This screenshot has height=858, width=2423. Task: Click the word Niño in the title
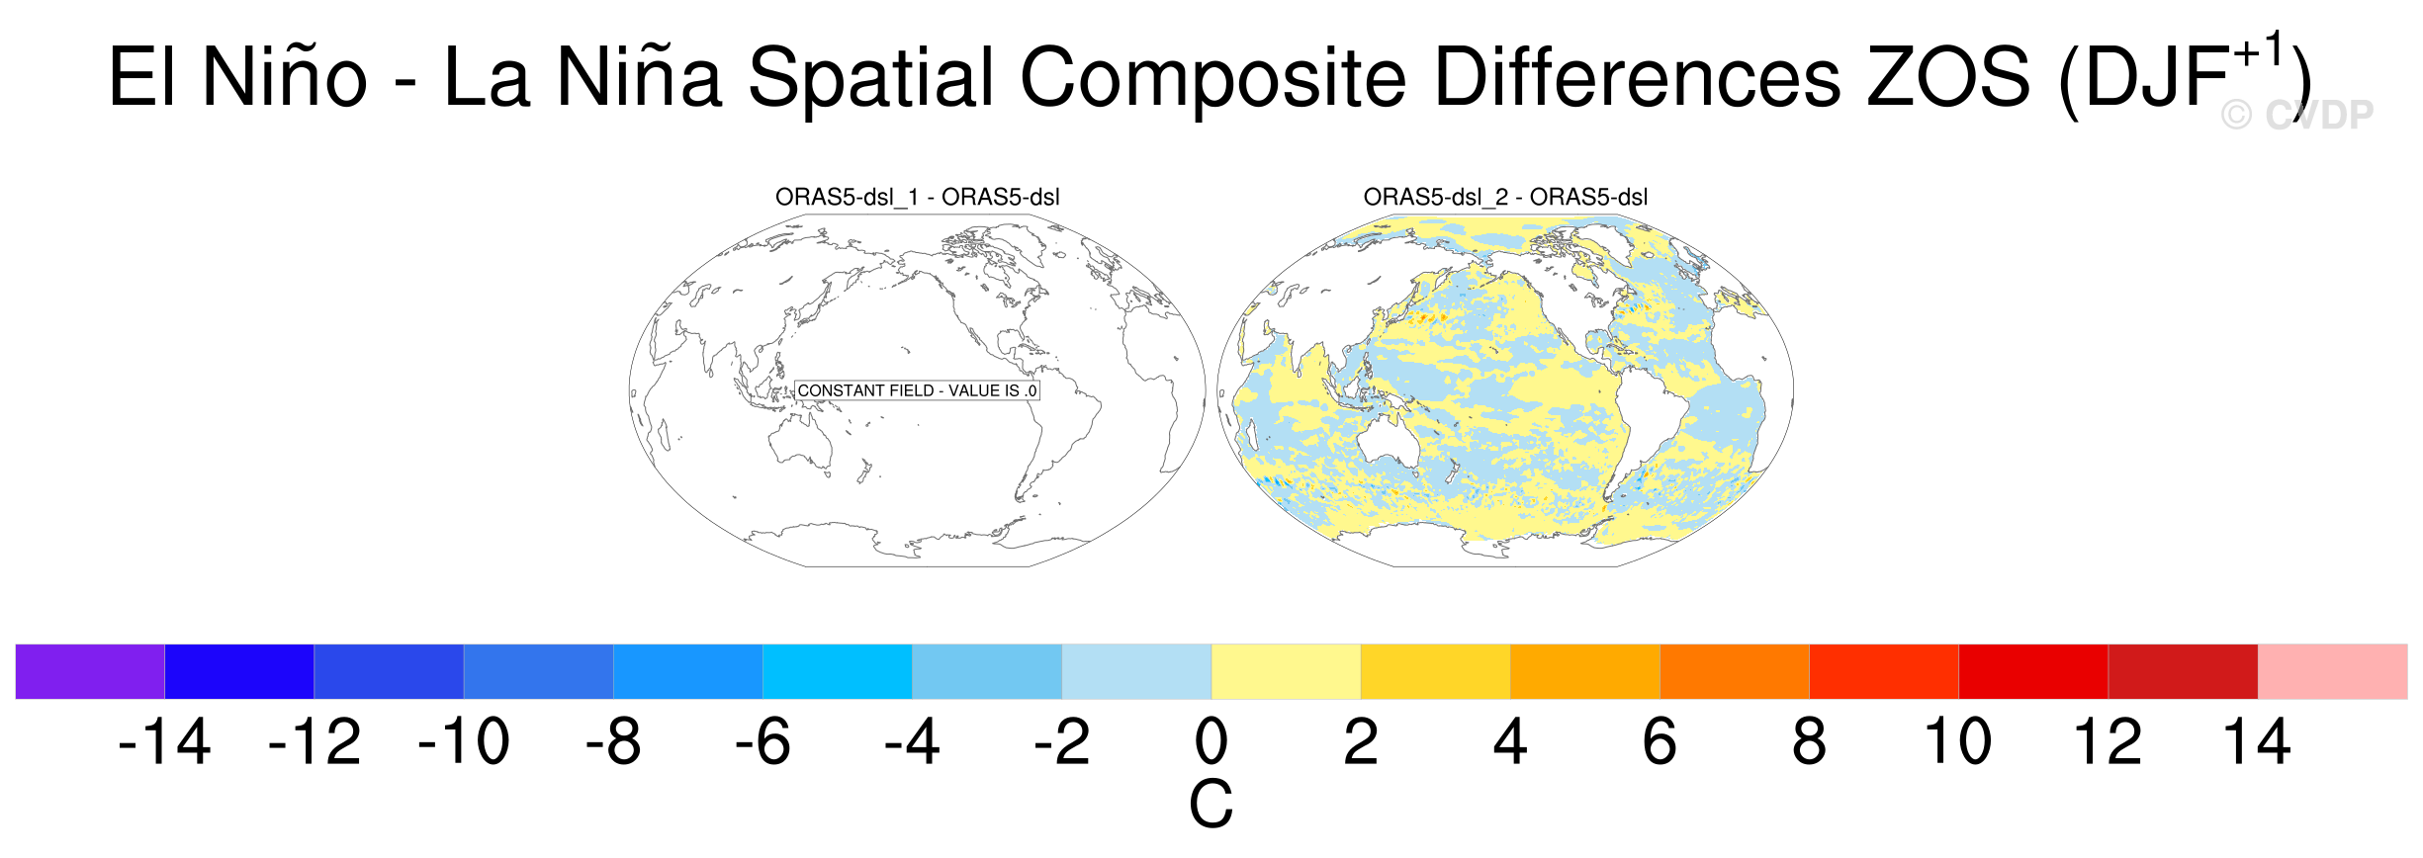click(x=285, y=76)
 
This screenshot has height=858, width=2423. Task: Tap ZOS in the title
click(x=1948, y=76)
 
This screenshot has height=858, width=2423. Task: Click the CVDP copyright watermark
click(x=2296, y=115)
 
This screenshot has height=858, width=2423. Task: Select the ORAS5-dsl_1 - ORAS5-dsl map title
click(x=917, y=197)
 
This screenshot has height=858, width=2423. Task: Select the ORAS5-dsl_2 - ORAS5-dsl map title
click(x=1505, y=197)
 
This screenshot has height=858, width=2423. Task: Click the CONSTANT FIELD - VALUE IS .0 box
click(x=917, y=390)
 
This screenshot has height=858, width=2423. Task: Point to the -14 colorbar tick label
click(x=164, y=741)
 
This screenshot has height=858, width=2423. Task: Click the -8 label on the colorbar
click(x=613, y=741)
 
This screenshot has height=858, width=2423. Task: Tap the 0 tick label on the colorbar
click(x=1211, y=741)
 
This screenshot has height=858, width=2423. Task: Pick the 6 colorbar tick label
click(x=1660, y=741)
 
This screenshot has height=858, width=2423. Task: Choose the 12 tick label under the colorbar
click(x=2108, y=741)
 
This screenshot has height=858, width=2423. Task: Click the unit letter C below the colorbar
click(x=1211, y=804)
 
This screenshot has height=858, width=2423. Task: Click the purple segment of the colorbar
click(x=90, y=671)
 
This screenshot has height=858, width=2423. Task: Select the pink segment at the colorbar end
click(x=2332, y=671)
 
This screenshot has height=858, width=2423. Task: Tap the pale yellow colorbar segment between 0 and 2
click(x=1286, y=671)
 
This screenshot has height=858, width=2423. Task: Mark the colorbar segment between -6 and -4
click(x=838, y=671)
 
